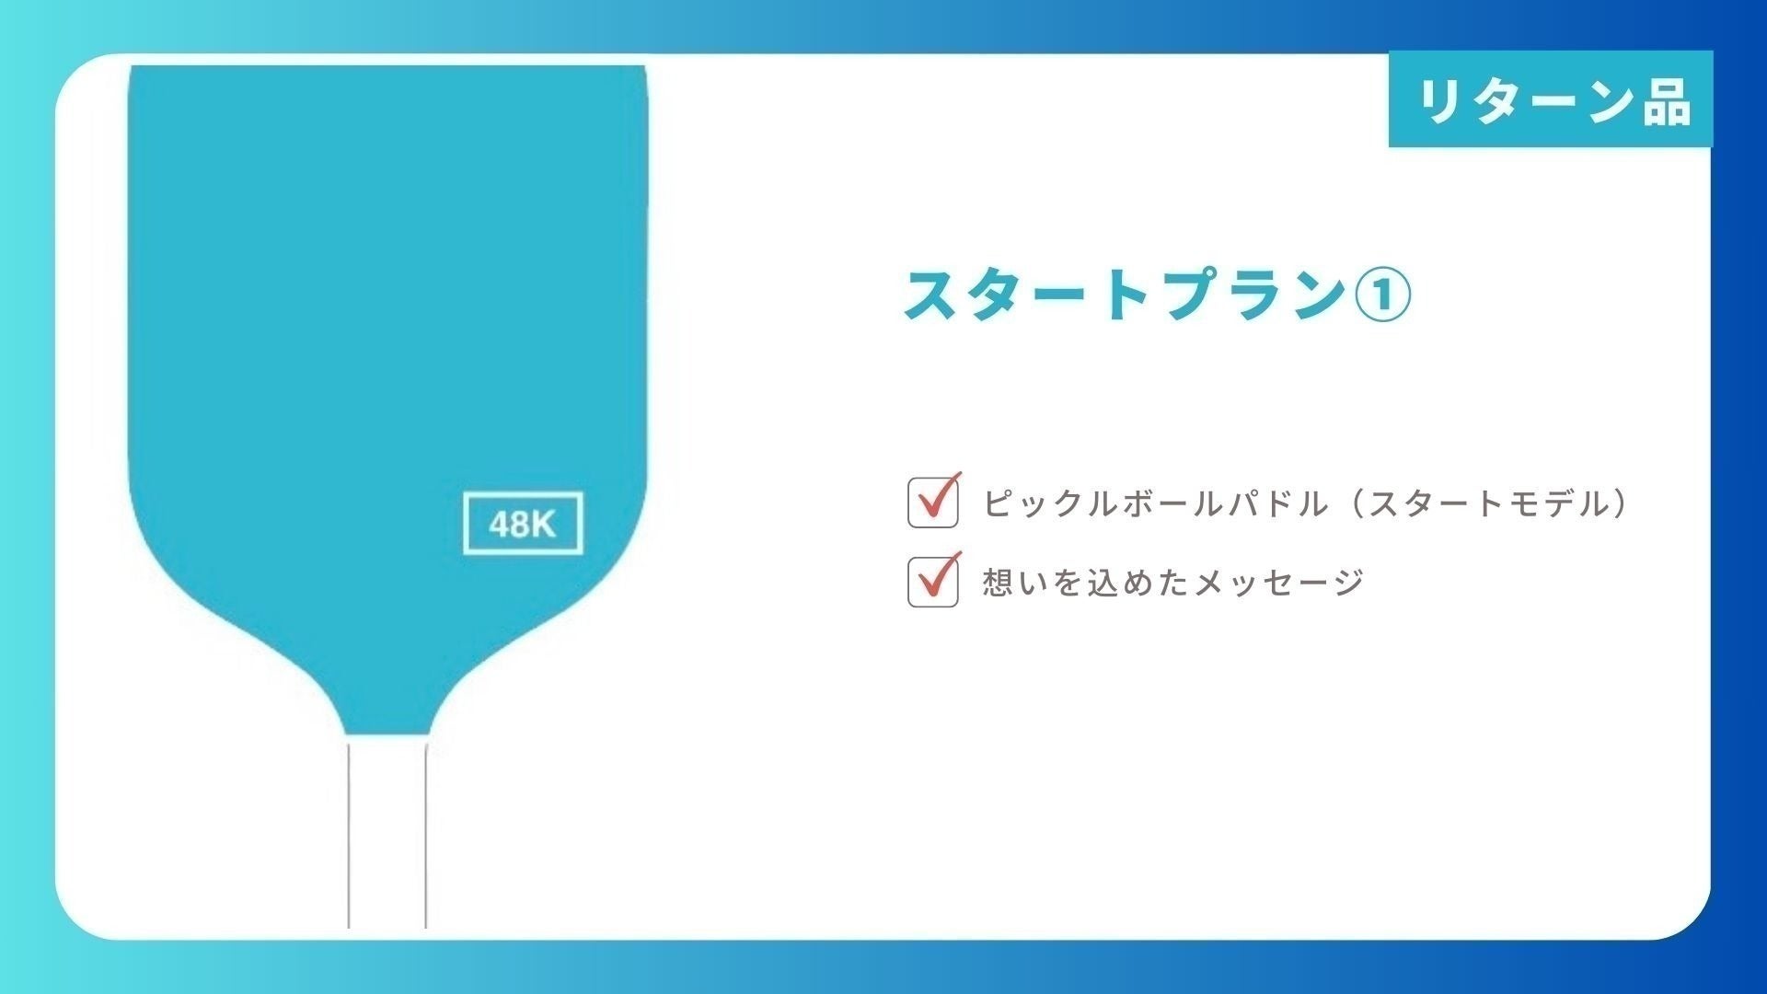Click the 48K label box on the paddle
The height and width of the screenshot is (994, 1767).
tap(523, 524)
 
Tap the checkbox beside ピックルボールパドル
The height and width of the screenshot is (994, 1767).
tap(933, 503)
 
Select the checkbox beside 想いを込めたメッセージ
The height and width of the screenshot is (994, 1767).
tap(933, 582)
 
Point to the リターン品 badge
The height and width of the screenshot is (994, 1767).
tap(1551, 99)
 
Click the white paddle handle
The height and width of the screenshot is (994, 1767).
tap(387, 833)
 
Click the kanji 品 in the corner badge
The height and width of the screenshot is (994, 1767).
tap(1666, 100)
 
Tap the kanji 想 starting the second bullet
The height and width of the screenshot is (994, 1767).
tap(999, 583)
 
